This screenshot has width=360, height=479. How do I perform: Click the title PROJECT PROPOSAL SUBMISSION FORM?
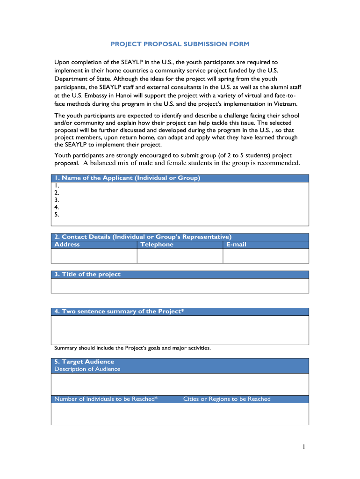[180, 44]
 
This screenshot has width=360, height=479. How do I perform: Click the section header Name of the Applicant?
[127, 178]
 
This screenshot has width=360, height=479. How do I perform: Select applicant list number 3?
[57, 200]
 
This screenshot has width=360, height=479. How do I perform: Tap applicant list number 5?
[57, 215]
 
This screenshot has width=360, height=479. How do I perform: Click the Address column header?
[67, 245]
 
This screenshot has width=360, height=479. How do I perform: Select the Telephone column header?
[157, 245]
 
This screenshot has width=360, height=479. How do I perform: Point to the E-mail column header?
[236, 245]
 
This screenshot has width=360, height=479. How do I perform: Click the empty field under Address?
[94, 256]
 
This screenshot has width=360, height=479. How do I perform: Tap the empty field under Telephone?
[180, 256]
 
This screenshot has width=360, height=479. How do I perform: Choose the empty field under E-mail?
[266, 256]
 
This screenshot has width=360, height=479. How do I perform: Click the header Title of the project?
[87, 275]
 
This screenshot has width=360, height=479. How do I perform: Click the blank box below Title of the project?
[180, 286]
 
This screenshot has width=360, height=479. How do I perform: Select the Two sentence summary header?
[120, 312]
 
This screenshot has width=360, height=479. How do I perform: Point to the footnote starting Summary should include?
[132, 348]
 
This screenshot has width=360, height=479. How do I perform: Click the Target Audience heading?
[84, 362]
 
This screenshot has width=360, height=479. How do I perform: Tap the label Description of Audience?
[87, 369]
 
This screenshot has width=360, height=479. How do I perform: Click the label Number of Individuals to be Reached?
[106, 399]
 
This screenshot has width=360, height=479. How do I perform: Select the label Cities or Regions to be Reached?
[227, 399]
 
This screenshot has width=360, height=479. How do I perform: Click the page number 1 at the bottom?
[303, 448]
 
